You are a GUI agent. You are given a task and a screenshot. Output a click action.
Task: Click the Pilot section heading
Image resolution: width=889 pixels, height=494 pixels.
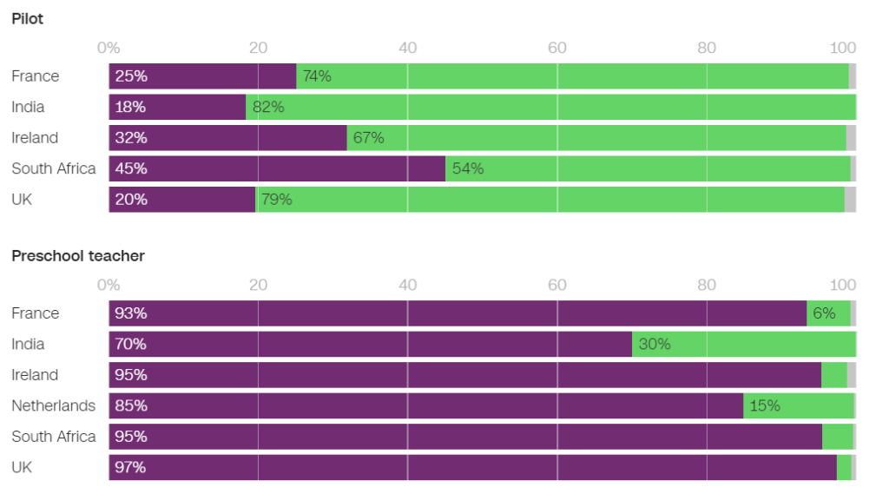coord(27,19)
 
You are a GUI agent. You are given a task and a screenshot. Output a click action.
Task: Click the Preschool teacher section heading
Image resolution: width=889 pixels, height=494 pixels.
coord(78,256)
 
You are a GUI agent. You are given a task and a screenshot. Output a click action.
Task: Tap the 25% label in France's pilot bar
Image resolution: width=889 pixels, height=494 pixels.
coord(131,76)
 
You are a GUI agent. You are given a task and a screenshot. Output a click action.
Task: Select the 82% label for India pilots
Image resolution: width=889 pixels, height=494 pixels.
coord(268,107)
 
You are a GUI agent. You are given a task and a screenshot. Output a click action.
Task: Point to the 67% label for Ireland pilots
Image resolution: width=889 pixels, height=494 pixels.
coord(368,137)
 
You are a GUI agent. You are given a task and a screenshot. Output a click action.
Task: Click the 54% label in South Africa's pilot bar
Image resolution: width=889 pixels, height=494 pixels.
coord(468,168)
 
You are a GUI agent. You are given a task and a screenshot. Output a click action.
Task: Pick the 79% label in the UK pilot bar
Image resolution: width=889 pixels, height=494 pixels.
coord(277,199)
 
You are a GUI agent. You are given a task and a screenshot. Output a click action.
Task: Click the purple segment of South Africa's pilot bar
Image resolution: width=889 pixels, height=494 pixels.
coord(277,168)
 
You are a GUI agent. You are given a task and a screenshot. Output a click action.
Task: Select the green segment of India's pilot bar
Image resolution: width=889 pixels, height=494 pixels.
coord(550,107)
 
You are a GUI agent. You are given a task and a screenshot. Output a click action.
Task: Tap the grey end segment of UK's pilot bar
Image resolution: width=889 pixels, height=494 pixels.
coord(850,199)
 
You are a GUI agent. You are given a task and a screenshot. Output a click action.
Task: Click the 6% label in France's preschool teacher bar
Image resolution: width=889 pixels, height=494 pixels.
coord(824,313)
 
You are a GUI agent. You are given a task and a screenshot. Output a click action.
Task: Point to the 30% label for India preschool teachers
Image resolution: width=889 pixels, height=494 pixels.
coord(655,344)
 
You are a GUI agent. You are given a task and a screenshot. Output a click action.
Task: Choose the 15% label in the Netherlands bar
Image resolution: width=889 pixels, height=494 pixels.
coord(765,405)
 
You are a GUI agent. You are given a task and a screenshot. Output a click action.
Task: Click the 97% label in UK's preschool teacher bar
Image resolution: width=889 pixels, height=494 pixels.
coord(130,467)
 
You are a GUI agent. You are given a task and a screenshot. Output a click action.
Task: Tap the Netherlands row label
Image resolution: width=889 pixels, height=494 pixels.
coord(53,405)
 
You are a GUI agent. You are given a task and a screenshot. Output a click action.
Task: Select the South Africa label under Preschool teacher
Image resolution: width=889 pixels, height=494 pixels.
coord(53,436)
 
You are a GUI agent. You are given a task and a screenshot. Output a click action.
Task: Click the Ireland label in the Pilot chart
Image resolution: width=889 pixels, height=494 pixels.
coord(35,137)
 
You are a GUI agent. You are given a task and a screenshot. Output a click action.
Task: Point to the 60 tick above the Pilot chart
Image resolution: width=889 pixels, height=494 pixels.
coord(556,48)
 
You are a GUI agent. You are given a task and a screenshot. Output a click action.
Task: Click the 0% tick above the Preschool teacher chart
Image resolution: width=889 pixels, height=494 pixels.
coord(109,285)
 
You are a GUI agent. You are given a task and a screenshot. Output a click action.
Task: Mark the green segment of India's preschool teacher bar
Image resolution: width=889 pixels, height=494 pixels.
coord(744,344)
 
